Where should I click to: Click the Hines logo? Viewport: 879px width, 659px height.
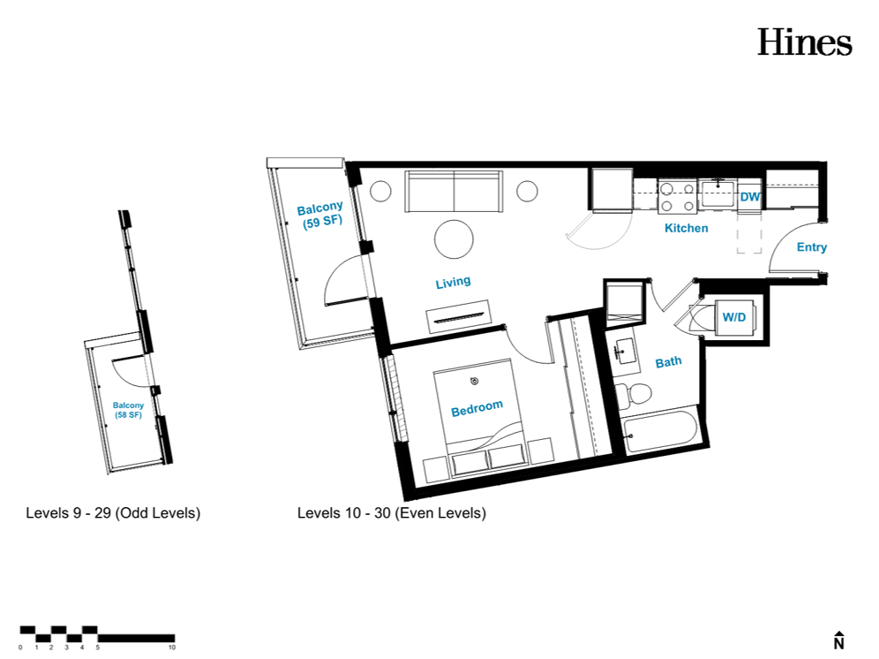805,42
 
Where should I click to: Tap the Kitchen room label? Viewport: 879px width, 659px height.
686,228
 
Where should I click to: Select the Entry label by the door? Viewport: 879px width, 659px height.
812,247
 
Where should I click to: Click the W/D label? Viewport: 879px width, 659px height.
733,317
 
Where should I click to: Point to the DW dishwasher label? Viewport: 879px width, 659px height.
750,197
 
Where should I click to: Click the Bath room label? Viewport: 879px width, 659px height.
669,362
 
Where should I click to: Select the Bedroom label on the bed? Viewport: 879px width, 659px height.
477,408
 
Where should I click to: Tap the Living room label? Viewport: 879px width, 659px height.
453,282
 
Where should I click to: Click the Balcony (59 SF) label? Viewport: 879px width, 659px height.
320,216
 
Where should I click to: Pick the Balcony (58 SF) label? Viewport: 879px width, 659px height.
128,410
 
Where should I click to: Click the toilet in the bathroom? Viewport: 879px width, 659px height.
634,393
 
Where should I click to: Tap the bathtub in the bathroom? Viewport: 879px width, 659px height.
660,432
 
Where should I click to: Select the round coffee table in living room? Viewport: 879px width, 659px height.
454,239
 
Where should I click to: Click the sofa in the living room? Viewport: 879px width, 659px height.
454,192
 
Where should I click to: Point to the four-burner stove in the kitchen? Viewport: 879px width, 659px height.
677,197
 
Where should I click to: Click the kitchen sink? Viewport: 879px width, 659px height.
717,193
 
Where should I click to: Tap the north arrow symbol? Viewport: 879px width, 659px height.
838,640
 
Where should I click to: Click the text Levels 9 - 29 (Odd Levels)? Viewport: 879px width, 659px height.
113,513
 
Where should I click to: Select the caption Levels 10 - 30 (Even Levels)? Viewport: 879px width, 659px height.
392,513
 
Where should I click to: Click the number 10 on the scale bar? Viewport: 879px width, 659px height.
172,648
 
